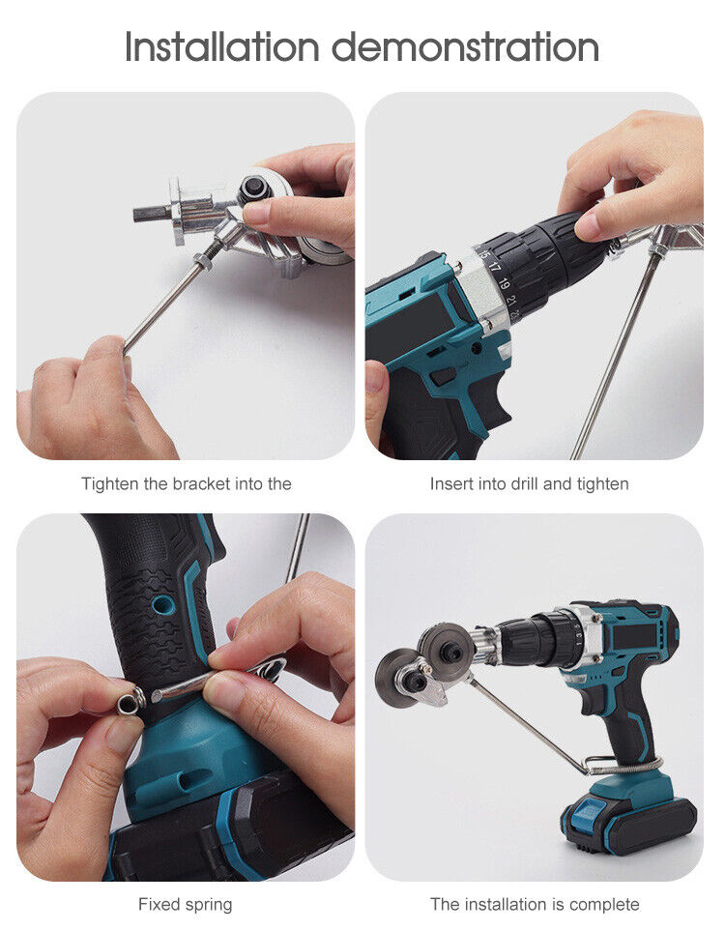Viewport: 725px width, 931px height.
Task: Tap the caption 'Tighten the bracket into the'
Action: tap(186, 483)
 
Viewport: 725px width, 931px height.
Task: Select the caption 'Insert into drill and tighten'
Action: tap(529, 483)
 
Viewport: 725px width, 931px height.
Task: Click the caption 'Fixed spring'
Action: tap(185, 905)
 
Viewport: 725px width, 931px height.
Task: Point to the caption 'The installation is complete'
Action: tap(535, 905)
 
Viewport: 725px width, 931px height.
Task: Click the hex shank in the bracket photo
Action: tap(149, 212)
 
